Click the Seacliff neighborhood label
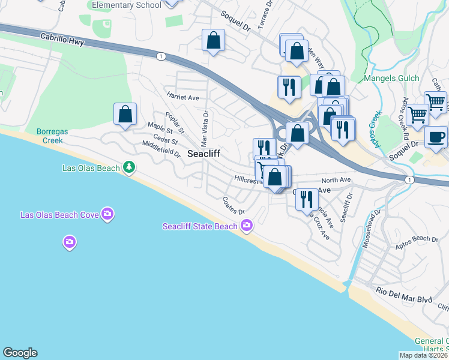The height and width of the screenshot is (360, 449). click(203, 154)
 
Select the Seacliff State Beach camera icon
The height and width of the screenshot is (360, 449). click(246, 226)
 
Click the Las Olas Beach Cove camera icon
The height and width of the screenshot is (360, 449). click(107, 214)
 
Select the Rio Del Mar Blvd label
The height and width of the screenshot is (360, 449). click(404, 291)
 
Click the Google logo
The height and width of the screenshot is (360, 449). click(20, 353)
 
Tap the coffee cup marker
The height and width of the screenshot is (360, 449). click(436, 137)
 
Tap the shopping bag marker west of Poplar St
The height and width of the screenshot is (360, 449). click(125, 113)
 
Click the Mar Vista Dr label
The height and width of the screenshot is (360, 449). click(205, 128)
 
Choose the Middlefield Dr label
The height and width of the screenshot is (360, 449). click(161, 149)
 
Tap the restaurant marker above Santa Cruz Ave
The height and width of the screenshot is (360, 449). click(307, 199)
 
